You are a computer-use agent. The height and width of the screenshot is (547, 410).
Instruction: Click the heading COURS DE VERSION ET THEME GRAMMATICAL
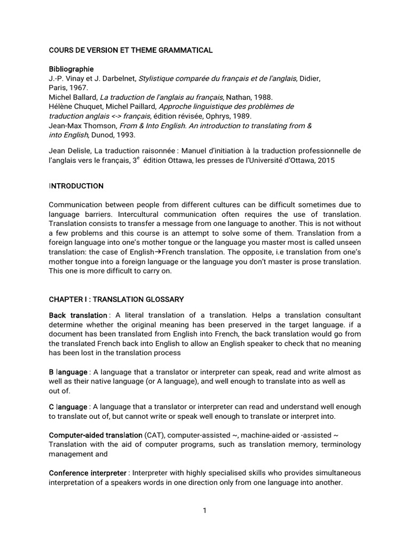coord(131,50)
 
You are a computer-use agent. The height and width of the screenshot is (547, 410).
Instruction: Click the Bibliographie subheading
coord(71,69)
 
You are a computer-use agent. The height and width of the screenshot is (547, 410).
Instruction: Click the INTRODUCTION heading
coord(76,186)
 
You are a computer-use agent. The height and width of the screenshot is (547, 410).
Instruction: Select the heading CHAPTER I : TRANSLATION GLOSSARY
coord(116,299)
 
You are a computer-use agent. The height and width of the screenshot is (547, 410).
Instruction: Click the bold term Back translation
coord(78,316)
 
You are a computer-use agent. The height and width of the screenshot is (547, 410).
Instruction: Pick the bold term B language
coord(68,372)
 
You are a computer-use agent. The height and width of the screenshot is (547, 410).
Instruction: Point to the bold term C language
coord(68,408)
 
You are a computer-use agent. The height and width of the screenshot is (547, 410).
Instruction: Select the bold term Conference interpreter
coord(88,473)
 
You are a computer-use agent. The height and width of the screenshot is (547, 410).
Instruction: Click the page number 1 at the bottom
coord(204,511)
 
